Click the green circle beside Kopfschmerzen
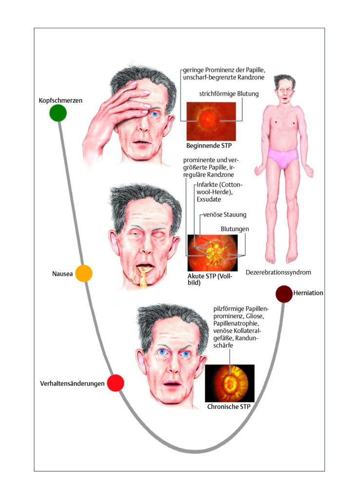coord(58,113)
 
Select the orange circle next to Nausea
coord(84,273)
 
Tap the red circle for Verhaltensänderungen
coord(115,383)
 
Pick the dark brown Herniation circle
coord(284,294)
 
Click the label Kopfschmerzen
coord(60,100)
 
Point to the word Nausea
coord(62,274)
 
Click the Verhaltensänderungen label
coord(72,384)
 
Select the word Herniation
coord(308,293)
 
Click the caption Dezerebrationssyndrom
coord(278,272)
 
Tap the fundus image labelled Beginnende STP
coord(211,121)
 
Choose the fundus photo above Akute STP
coord(212,253)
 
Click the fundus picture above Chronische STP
coord(229,383)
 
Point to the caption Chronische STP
coord(228,407)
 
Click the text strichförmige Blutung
coord(229,94)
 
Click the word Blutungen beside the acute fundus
coord(235,229)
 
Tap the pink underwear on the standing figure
coord(283,157)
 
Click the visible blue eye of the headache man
coord(155,114)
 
